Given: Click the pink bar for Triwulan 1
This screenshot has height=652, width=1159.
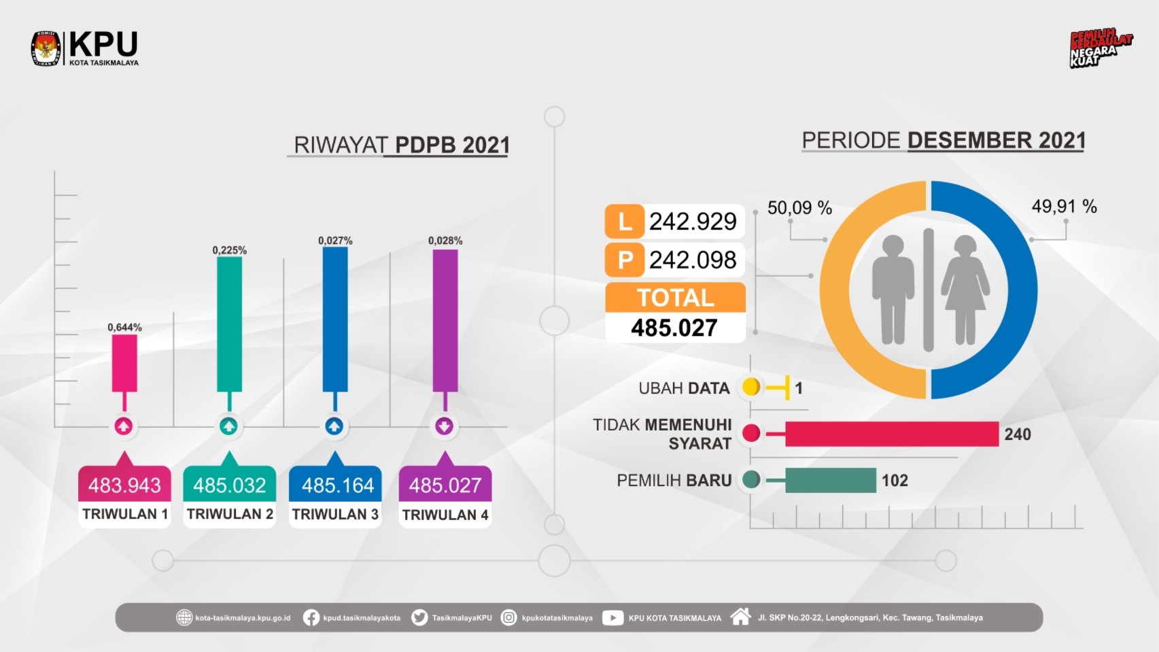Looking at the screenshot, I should coord(124,363).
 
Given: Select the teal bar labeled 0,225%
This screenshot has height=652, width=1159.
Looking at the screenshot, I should coord(229,324).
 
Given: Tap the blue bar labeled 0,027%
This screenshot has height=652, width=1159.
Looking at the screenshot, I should coord(335,319).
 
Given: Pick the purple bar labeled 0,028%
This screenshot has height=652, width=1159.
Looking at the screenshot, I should coord(445,320).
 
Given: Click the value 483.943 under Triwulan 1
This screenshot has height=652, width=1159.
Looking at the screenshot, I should coord(124,485).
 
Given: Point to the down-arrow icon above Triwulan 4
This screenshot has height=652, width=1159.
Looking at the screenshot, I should coord(445,427).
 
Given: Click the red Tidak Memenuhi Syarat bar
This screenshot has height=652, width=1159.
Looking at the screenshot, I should coord(891,434).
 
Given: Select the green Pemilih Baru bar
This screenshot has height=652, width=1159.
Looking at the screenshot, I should coord(830,480).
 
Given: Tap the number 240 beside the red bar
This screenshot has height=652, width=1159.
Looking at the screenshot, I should coord(1018,434).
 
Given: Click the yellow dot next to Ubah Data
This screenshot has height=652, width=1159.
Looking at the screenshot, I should coord(751,388).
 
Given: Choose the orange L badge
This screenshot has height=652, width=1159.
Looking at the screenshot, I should coord(624,222).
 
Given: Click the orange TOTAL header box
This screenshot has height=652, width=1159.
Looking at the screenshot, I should coord(675,298).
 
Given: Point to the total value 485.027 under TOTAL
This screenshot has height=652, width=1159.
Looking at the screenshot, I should coord(674,328).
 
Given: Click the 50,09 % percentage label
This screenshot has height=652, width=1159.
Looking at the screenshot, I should coord(799,208).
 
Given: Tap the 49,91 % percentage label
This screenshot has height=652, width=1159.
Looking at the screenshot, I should coord(1064,207).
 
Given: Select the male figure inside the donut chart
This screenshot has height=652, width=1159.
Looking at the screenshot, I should coord(893,290).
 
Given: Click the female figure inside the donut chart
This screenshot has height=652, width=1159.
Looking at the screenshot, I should coord(965,290).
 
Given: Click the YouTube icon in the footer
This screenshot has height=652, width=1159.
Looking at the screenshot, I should coord(612,618).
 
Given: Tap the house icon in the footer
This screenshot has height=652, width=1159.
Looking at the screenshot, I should coord(740,617).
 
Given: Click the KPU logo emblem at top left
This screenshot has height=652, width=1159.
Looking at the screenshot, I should coord(46,49).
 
